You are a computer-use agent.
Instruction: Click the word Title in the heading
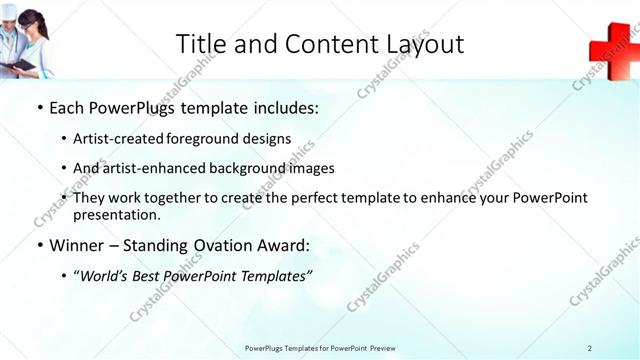point(200,43)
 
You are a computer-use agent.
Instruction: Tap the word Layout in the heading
point(425,44)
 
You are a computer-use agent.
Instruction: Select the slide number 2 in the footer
point(589,348)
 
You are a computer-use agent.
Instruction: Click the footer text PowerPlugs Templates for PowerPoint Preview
point(320,348)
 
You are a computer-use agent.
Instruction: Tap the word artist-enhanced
point(146,168)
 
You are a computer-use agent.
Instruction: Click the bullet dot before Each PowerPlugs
point(39,106)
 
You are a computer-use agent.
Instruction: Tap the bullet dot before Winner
point(39,245)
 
